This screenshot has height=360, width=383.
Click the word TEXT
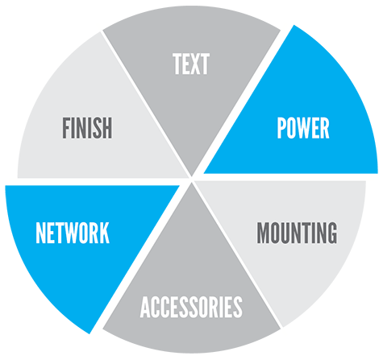(x=191, y=64)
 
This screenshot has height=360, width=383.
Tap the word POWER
(x=303, y=128)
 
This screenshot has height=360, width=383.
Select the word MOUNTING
(x=297, y=233)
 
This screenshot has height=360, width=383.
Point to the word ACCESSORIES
(x=191, y=307)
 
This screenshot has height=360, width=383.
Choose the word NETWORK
(x=73, y=233)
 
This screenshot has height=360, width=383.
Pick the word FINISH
(x=87, y=128)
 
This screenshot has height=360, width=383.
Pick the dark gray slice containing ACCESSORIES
(x=191, y=284)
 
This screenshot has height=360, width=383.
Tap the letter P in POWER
(x=281, y=128)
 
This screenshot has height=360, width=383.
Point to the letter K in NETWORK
(x=104, y=233)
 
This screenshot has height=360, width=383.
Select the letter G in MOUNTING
(x=331, y=233)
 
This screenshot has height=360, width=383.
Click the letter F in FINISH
(x=66, y=128)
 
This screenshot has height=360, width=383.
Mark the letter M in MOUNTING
(x=264, y=233)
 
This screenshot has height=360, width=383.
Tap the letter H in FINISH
(x=107, y=128)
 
